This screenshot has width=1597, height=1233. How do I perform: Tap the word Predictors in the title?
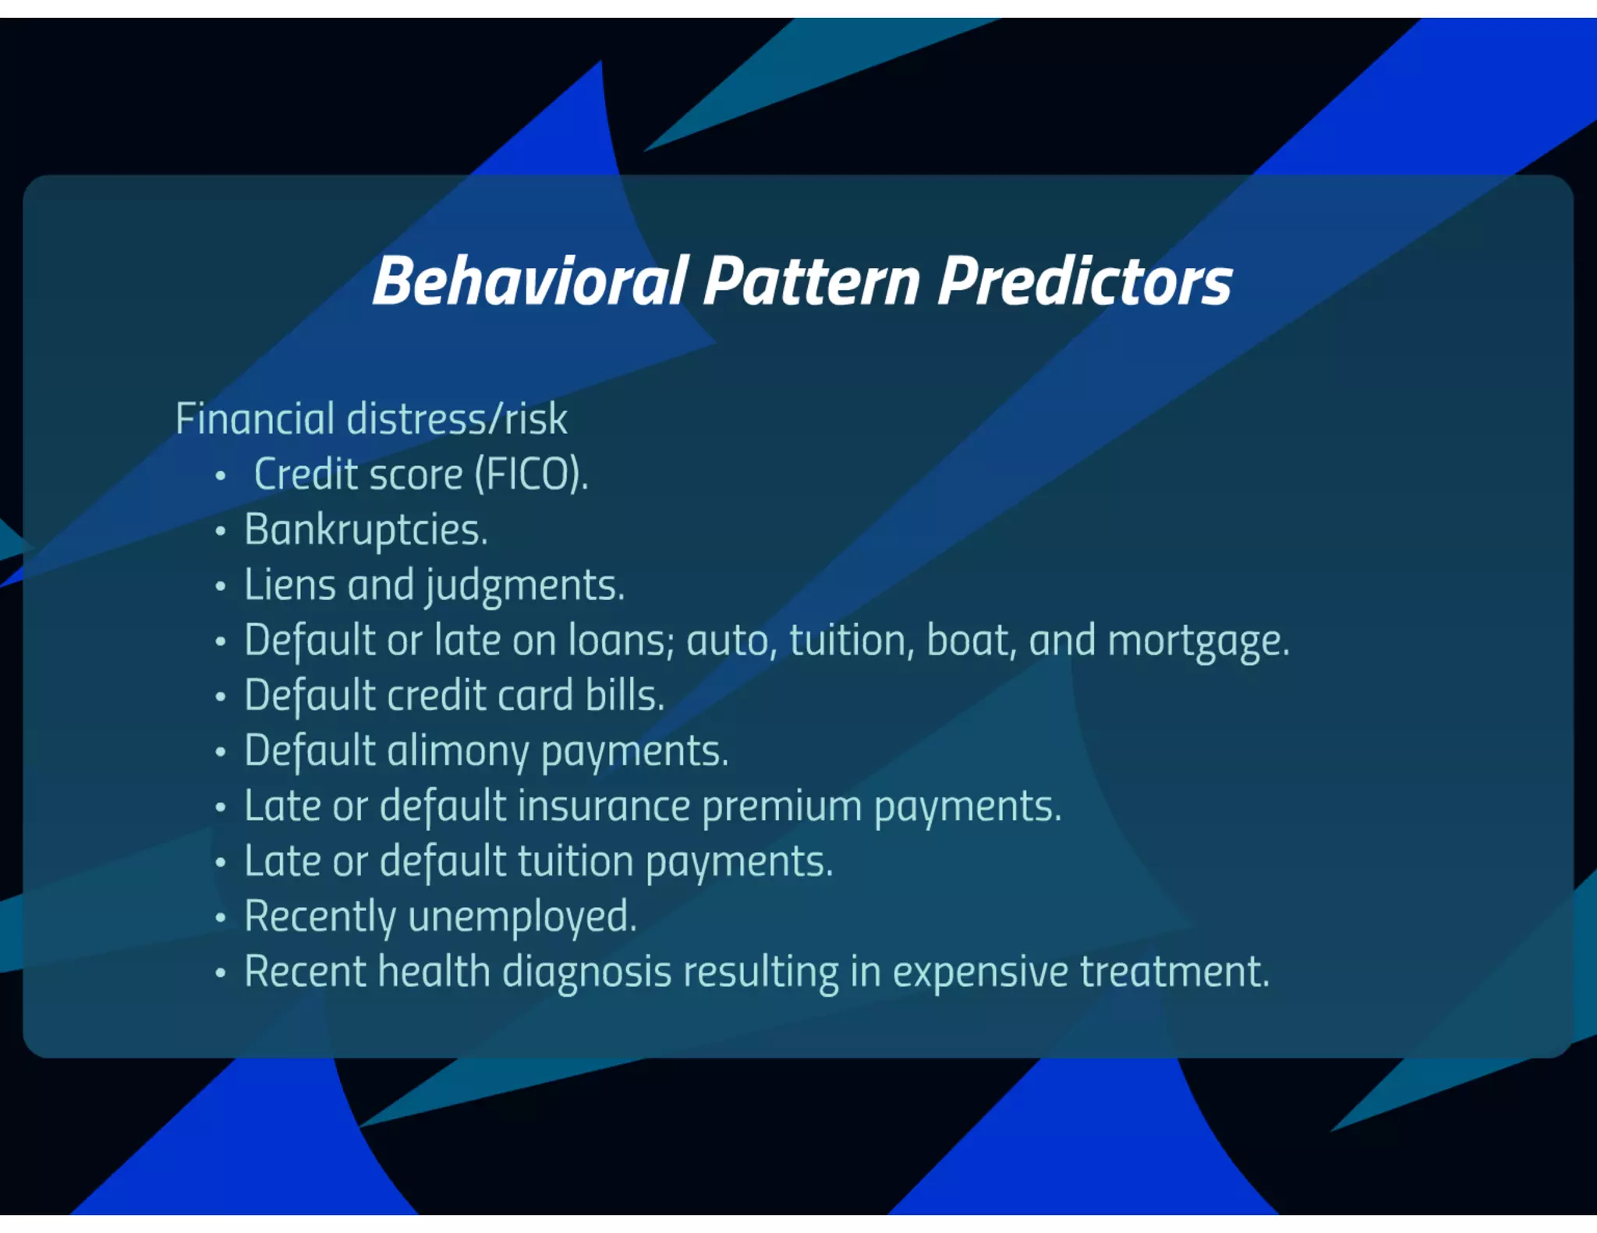tap(1085, 281)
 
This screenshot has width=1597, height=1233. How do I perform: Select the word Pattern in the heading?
tap(812, 281)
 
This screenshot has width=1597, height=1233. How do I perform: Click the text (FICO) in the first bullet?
tap(531, 475)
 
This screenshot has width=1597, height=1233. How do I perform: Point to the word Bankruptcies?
tap(366, 531)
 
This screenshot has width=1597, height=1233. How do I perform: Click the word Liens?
tap(289, 585)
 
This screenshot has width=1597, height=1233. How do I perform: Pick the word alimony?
tap(458, 751)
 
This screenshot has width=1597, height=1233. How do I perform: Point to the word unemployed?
tap(522, 917)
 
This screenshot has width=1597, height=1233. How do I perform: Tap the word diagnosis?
tap(586, 973)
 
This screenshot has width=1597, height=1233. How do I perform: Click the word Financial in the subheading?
tap(255, 419)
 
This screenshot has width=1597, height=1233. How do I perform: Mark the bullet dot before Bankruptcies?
tap(221, 532)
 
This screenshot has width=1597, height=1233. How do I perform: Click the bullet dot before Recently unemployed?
tap(221, 918)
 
